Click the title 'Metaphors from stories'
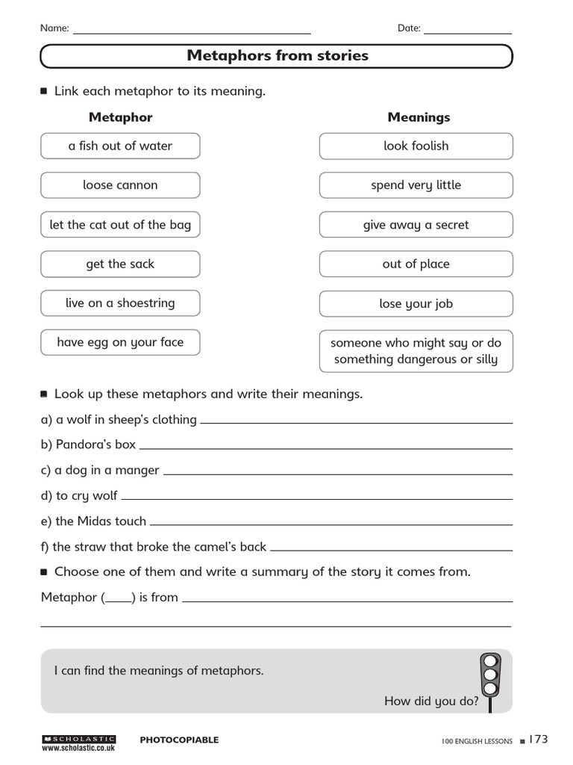point(277,56)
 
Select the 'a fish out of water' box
point(120,146)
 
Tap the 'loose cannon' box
point(120,185)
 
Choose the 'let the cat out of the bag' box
point(120,225)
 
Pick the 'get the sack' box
point(120,264)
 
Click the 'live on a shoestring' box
point(120,303)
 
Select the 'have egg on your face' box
point(120,342)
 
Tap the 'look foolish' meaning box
point(416,146)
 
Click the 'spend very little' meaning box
point(416,185)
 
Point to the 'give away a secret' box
point(416,225)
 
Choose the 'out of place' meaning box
point(416,264)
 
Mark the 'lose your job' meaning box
point(416,304)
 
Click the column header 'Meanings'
point(419,117)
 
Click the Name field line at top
point(191,32)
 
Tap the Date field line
point(468,32)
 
